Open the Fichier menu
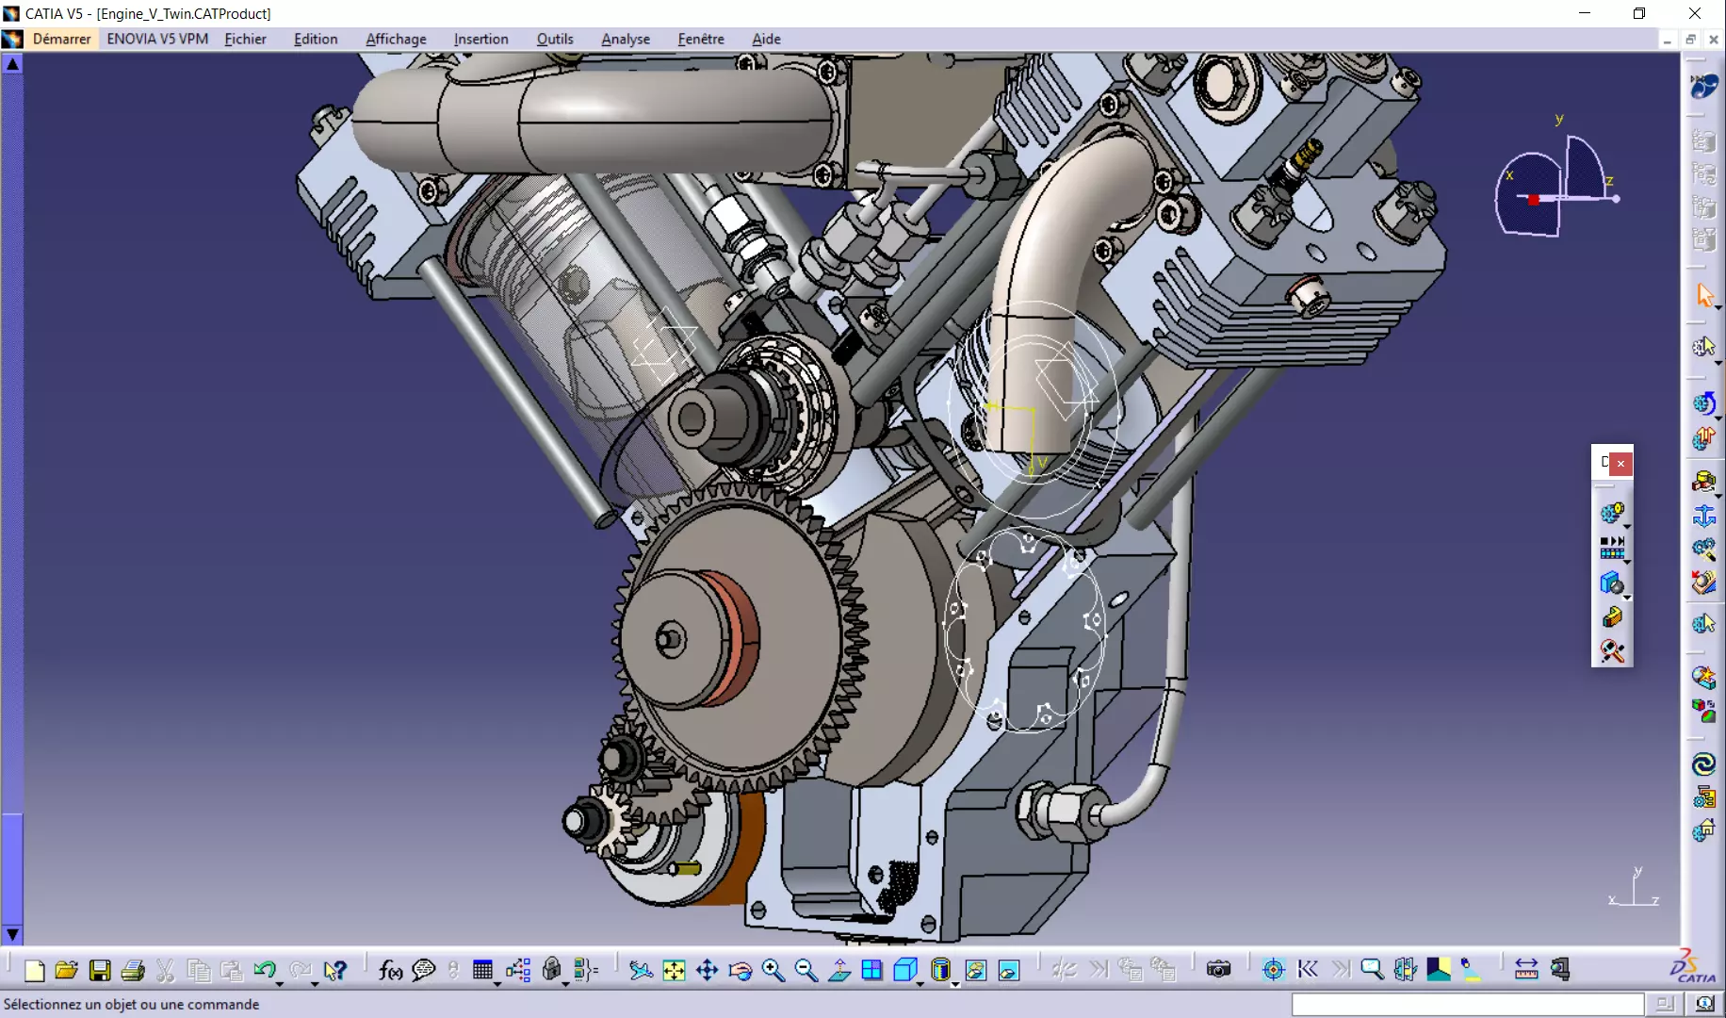tap(245, 39)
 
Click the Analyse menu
tap(626, 39)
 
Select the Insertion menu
tap(480, 39)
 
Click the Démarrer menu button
tap(61, 39)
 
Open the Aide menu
tap(766, 39)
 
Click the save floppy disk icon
tap(100, 970)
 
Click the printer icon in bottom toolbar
tap(133, 970)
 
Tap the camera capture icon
tap(1218, 969)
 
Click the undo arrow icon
tap(265, 969)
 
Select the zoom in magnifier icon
tap(773, 969)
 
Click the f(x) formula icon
tap(390, 969)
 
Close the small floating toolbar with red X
tap(1620, 463)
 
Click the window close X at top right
tap(1694, 13)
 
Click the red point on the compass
tap(1534, 199)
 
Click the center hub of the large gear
tap(671, 640)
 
